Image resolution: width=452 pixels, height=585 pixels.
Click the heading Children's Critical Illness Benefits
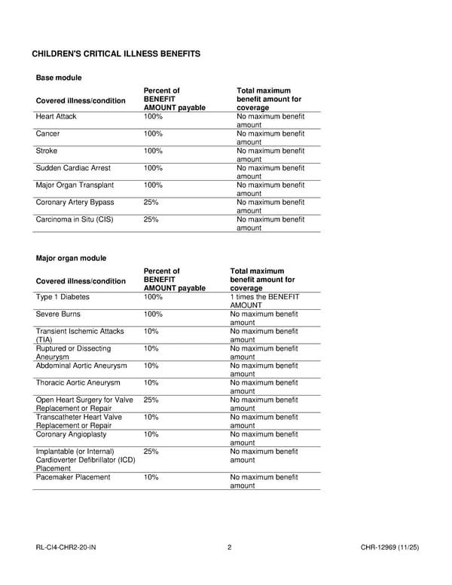116,54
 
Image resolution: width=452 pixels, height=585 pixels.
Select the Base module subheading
59,78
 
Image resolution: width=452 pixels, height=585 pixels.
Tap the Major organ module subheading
71,259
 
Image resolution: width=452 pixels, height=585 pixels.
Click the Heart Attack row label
56,117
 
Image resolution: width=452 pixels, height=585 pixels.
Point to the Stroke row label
47,151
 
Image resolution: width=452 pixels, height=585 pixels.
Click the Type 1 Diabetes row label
63,297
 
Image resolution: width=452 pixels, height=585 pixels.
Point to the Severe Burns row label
58,314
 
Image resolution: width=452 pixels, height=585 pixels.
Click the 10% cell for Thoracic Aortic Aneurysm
151,383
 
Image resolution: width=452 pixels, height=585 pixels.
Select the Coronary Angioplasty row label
71,434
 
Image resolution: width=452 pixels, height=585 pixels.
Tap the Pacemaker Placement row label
73,477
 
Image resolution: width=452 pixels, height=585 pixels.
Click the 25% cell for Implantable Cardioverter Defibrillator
151,452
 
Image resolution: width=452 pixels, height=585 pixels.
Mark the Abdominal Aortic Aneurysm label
81,366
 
